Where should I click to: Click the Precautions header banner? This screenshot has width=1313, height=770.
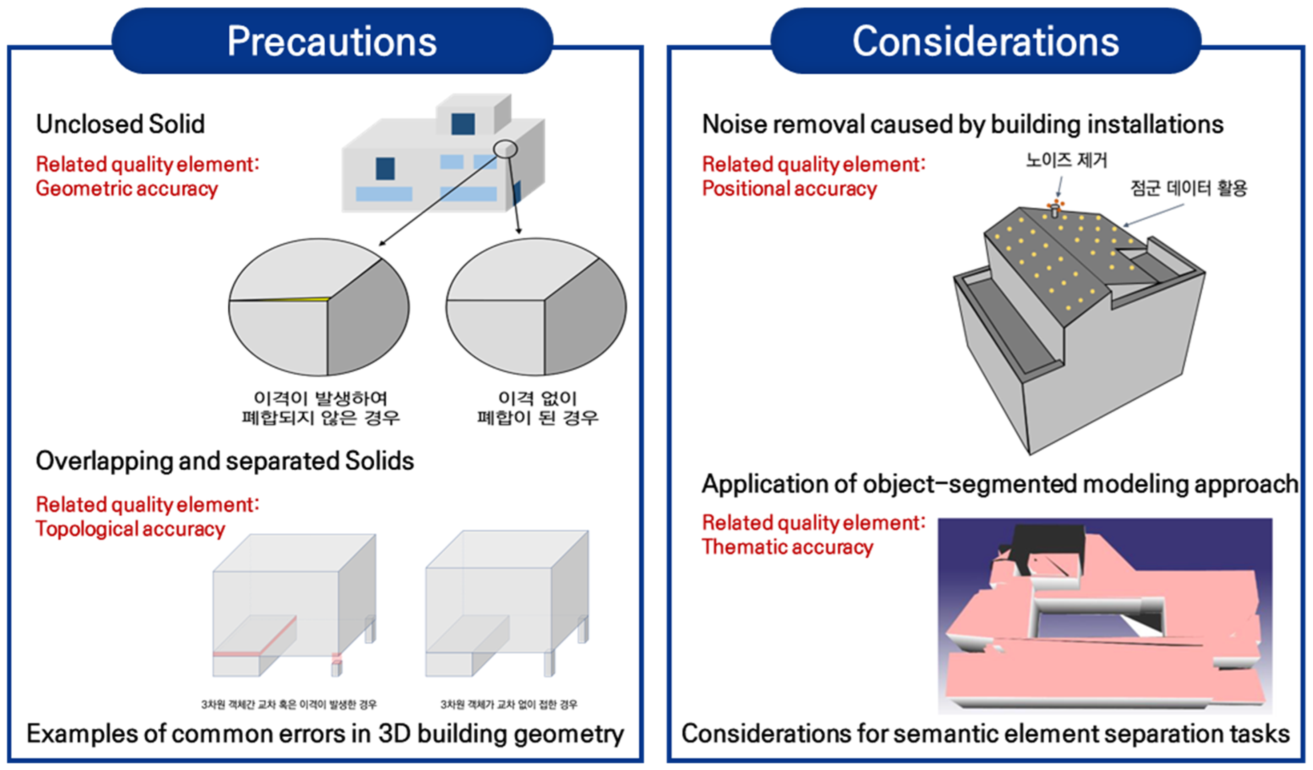point(332,41)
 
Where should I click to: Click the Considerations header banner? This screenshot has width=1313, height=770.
point(985,41)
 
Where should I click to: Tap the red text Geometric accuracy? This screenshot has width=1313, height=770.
point(127,189)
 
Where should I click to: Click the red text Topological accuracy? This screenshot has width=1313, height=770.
point(130,529)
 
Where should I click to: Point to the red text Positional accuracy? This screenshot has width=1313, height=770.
point(789,189)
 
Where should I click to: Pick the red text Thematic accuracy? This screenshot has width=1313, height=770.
point(787,547)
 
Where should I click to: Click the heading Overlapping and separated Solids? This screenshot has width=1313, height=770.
point(225,461)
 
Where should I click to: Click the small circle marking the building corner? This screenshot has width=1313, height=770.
point(505,149)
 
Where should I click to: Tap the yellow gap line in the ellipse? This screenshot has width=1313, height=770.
point(308,299)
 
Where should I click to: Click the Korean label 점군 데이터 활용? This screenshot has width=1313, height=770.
point(1188,188)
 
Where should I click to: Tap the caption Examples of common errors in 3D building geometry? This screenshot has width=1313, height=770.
point(325,734)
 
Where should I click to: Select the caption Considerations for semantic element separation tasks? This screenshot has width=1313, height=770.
point(985,734)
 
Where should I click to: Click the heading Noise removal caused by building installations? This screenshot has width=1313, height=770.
point(962,125)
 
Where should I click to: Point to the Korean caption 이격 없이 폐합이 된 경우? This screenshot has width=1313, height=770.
point(537,408)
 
